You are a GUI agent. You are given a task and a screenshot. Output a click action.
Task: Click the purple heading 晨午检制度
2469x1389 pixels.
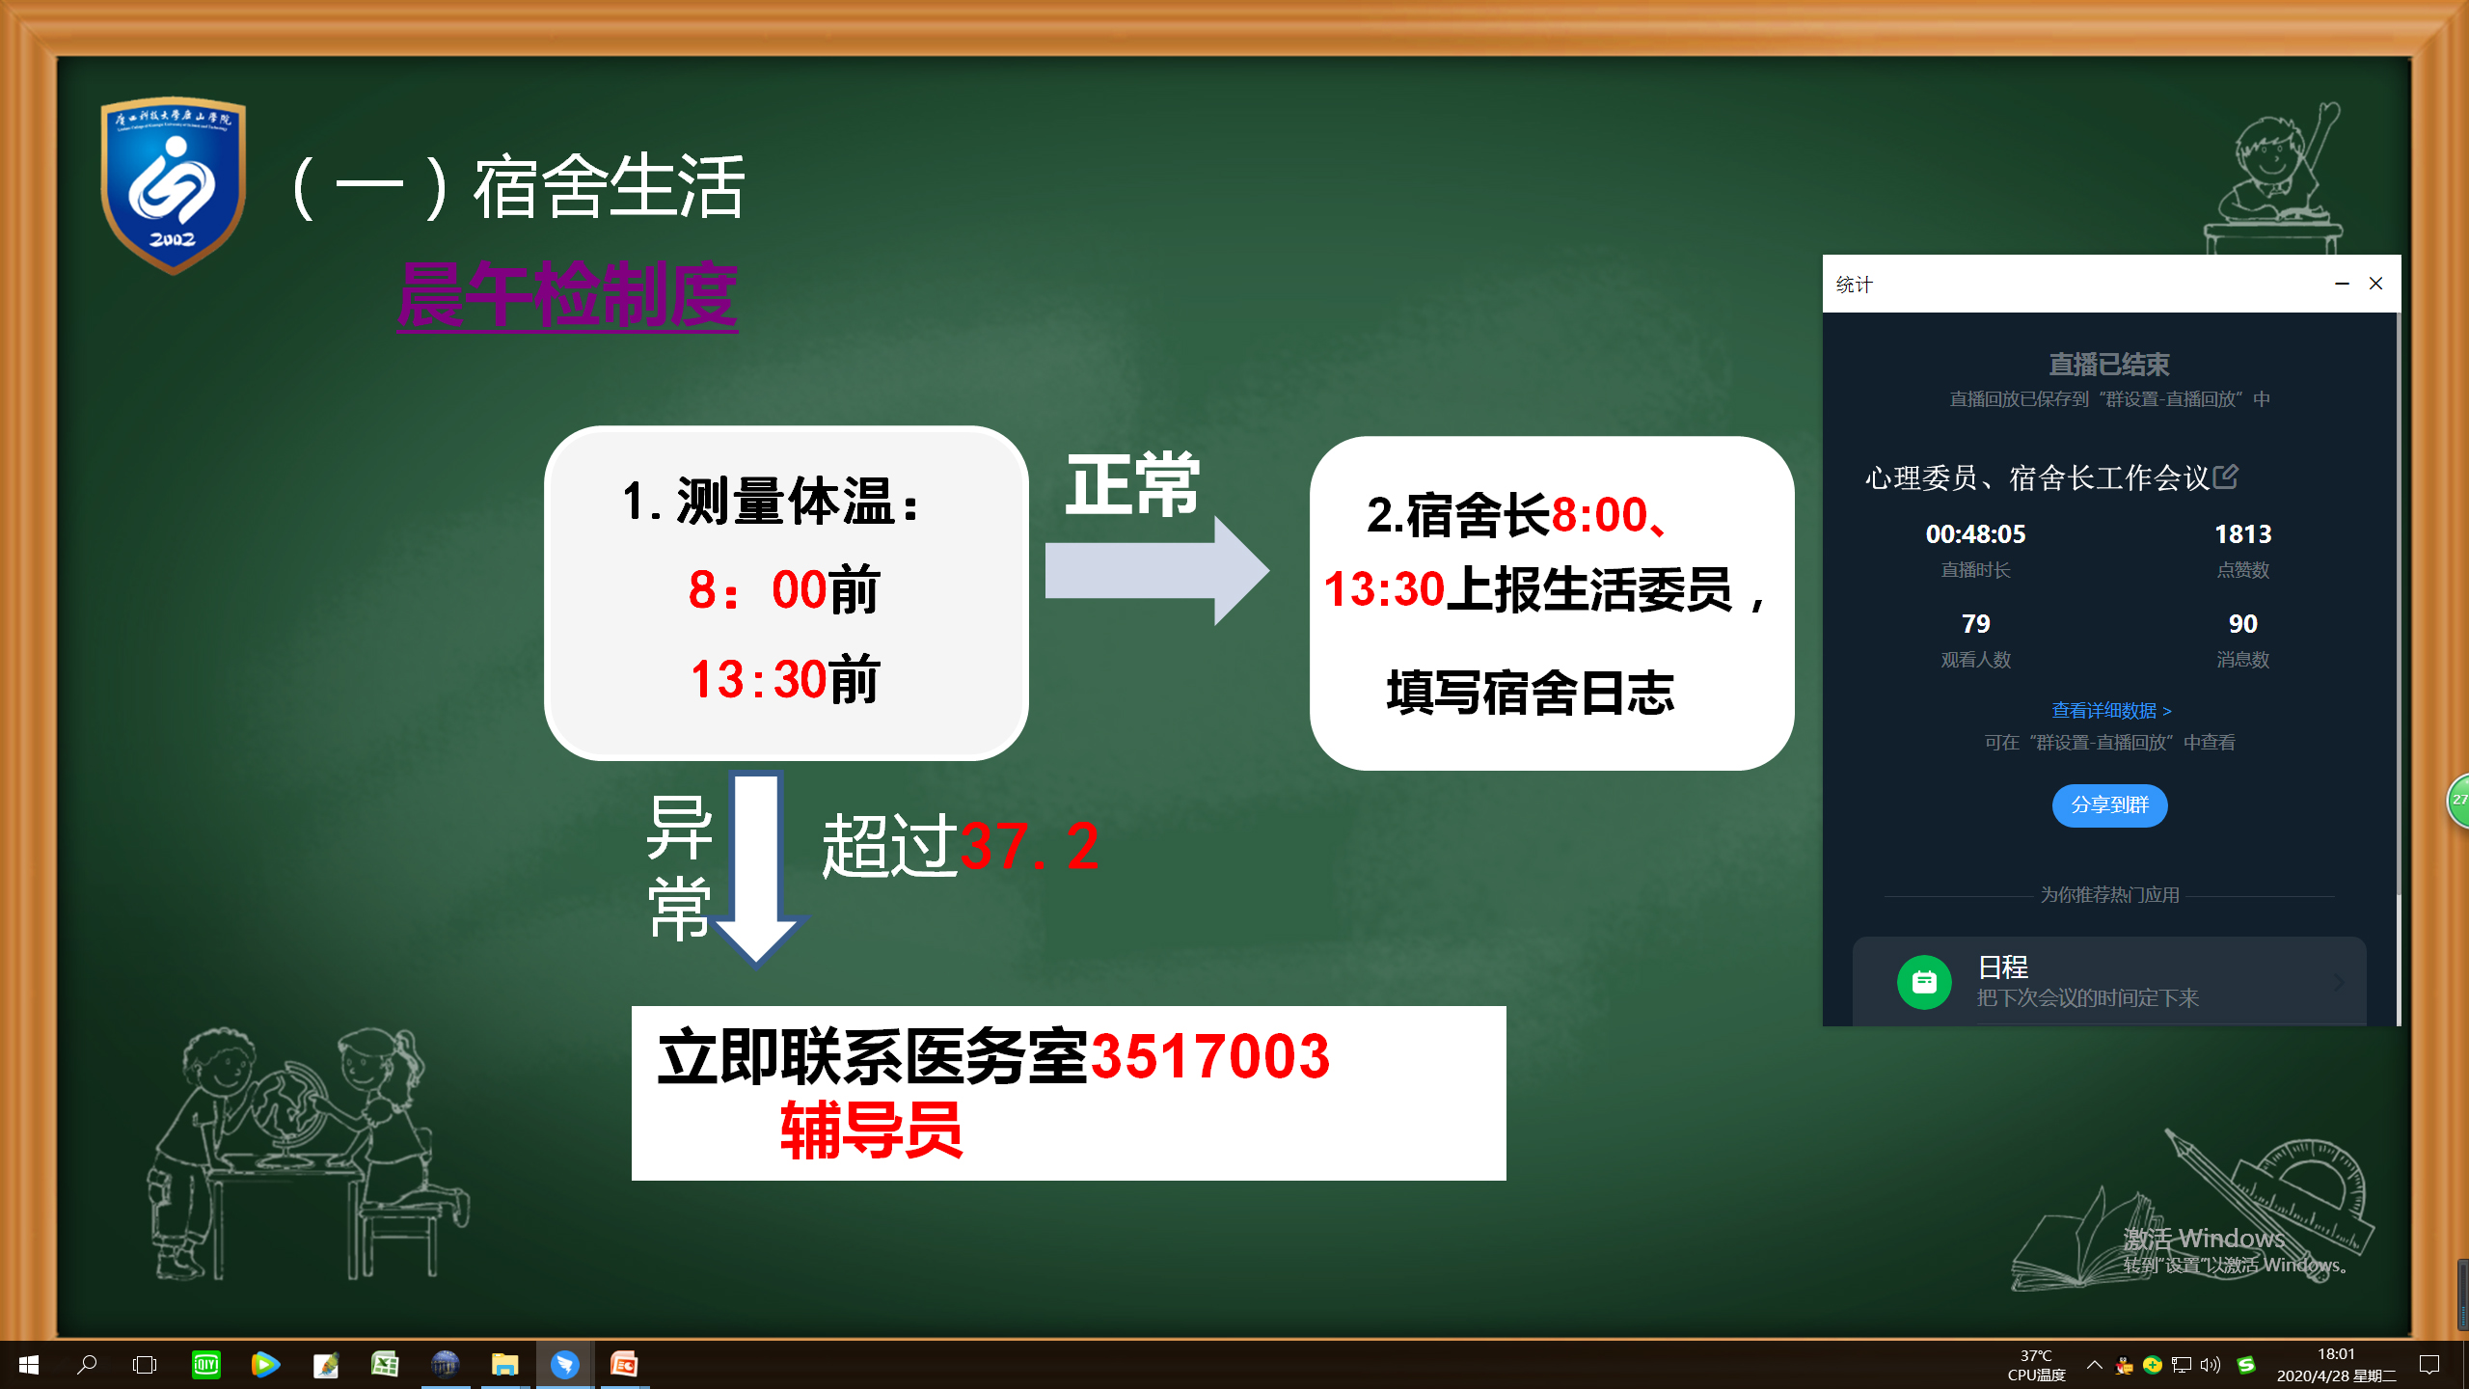(x=568, y=295)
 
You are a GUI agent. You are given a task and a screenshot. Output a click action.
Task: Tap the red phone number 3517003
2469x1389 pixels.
(x=1210, y=1056)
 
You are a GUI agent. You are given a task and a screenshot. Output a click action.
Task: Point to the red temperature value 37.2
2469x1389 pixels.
(x=1029, y=846)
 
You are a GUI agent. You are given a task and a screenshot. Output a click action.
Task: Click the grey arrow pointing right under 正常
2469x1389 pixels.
(x=1156, y=570)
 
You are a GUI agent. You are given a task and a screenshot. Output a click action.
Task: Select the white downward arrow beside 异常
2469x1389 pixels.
(x=756, y=867)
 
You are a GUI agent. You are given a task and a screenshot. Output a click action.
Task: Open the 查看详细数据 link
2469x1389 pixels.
(x=2110, y=711)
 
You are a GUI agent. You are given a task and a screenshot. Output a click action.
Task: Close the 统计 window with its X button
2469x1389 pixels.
(x=2375, y=284)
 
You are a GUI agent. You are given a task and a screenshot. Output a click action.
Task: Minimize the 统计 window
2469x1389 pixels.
(x=2342, y=284)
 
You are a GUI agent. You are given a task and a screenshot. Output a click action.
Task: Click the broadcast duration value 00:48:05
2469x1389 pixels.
(x=1975, y=534)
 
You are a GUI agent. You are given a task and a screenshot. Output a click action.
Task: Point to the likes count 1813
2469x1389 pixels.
(x=2242, y=534)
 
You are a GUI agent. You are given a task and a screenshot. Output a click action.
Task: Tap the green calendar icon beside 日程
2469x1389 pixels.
(x=1924, y=982)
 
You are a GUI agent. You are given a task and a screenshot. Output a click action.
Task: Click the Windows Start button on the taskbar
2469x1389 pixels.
(x=29, y=1365)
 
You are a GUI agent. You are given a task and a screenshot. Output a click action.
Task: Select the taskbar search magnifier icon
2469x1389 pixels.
(x=87, y=1365)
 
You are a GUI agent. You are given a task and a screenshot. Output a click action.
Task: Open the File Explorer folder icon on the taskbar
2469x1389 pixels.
(x=504, y=1365)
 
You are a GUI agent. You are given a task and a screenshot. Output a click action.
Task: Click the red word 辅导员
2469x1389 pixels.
(x=871, y=1130)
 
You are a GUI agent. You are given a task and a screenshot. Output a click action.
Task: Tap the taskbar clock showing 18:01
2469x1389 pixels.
(x=2336, y=1354)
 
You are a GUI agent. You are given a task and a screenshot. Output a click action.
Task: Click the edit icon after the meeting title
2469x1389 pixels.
(x=2225, y=477)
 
